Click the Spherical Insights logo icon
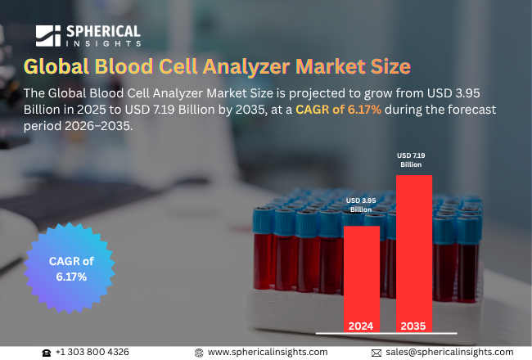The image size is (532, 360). pos(48,36)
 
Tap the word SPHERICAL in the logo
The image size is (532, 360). pos(103,32)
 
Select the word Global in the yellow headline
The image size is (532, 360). pos(56,66)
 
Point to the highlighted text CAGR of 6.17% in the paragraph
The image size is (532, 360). pos(338,110)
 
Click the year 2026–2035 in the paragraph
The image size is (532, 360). pos(97,126)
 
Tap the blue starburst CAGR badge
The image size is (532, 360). pos(70,268)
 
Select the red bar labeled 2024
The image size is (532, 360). pos(362,279)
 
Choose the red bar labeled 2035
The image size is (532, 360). pos(414,254)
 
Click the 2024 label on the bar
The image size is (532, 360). pos(361,326)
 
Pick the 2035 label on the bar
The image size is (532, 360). pos(413,326)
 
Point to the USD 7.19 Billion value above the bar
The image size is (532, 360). pos(411,160)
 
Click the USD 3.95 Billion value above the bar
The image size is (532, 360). pos(361,205)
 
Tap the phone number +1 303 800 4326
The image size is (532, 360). pos(92,352)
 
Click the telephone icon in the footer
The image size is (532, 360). pos(47,353)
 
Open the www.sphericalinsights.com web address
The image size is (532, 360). pos(268,352)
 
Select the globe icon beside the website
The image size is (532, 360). pos(199,353)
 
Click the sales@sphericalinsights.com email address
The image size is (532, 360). pos(449,352)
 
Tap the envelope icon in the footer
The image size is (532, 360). pos(376,353)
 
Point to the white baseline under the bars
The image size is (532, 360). pos(386,333)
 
